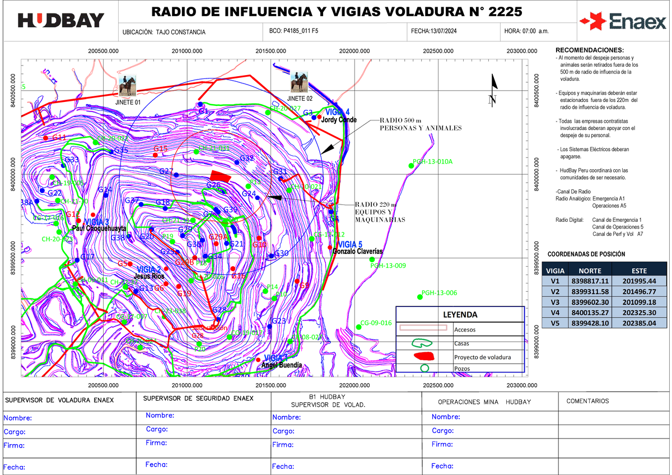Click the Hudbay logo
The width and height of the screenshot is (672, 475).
[x=61, y=21]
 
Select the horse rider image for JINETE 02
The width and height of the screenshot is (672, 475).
[x=299, y=82]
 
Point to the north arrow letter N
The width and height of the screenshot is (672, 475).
[x=492, y=100]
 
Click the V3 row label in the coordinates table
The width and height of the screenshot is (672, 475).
[x=555, y=302]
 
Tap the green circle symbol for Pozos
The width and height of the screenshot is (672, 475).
[x=424, y=368]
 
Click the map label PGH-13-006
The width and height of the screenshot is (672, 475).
[x=440, y=293]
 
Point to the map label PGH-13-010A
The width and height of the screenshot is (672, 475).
[x=432, y=162]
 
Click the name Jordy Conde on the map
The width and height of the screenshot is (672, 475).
[x=339, y=120]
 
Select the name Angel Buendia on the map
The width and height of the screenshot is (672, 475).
[x=282, y=365]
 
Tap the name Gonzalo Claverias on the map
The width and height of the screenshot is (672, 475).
[x=357, y=252]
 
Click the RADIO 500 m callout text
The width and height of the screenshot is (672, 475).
[x=420, y=124]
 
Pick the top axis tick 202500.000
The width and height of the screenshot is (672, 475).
[x=438, y=51]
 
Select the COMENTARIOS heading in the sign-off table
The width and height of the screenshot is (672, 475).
[x=587, y=401]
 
